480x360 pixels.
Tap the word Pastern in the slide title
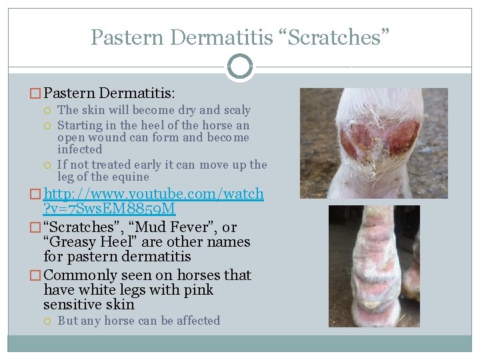pos(127,37)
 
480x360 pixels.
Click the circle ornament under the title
pos(240,67)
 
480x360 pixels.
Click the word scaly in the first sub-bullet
pos(236,110)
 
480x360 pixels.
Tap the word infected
pos(80,149)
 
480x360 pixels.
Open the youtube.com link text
pos(153,194)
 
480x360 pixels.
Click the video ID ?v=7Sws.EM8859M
pos(109,209)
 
